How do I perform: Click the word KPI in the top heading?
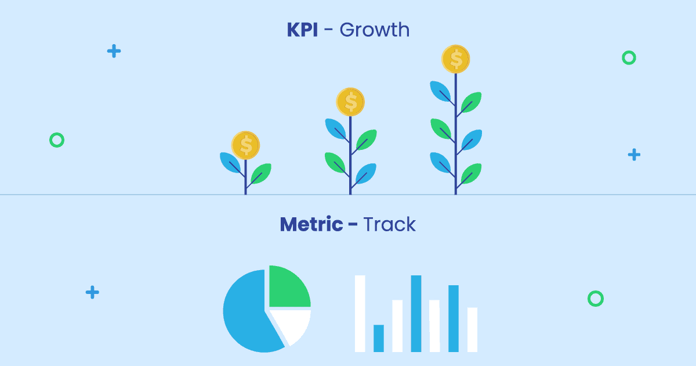point(302,30)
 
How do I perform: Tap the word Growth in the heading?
point(375,30)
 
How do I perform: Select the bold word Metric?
point(311,224)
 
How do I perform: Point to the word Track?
point(389,224)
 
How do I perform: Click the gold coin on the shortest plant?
point(245,145)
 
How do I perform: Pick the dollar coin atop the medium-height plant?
point(350,102)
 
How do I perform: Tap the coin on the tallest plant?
point(455,59)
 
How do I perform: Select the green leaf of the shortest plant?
point(262,173)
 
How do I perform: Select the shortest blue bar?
point(378,338)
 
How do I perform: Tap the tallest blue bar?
point(416,313)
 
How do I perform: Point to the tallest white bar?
point(360,313)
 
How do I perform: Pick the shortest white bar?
point(472,329)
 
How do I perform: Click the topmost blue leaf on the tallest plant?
point(440,91)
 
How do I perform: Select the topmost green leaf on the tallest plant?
point(472,102)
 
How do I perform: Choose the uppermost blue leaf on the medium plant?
point(336,128)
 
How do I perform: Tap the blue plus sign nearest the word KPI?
point(114,51)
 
